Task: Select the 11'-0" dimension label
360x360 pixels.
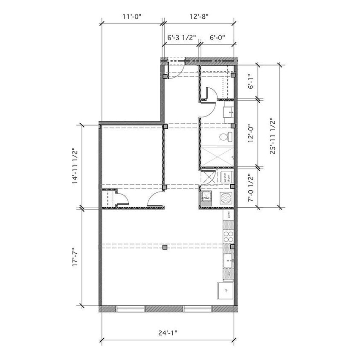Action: [x=131, y=17]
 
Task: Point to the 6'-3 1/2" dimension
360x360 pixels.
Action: [x=181, y=38]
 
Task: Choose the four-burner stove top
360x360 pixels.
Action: [x=228, y=236]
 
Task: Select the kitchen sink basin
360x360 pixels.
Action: [x=228, y=258]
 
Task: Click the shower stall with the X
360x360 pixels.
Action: [x=218, y=155]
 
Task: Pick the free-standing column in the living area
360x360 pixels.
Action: [x=164, y=247]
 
